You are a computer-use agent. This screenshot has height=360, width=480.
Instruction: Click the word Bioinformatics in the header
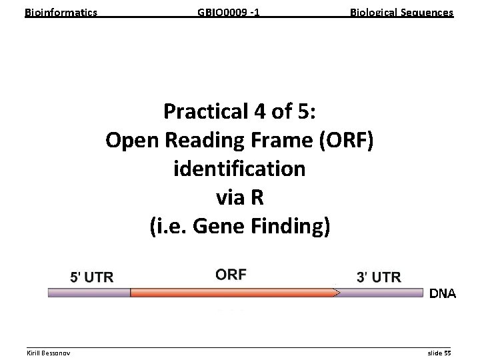pos(61,13)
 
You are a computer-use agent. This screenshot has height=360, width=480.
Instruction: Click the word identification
pos(239,169)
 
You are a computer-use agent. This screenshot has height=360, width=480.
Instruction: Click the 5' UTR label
pos(92,277)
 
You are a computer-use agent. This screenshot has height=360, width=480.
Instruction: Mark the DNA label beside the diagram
pos(442,293)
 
